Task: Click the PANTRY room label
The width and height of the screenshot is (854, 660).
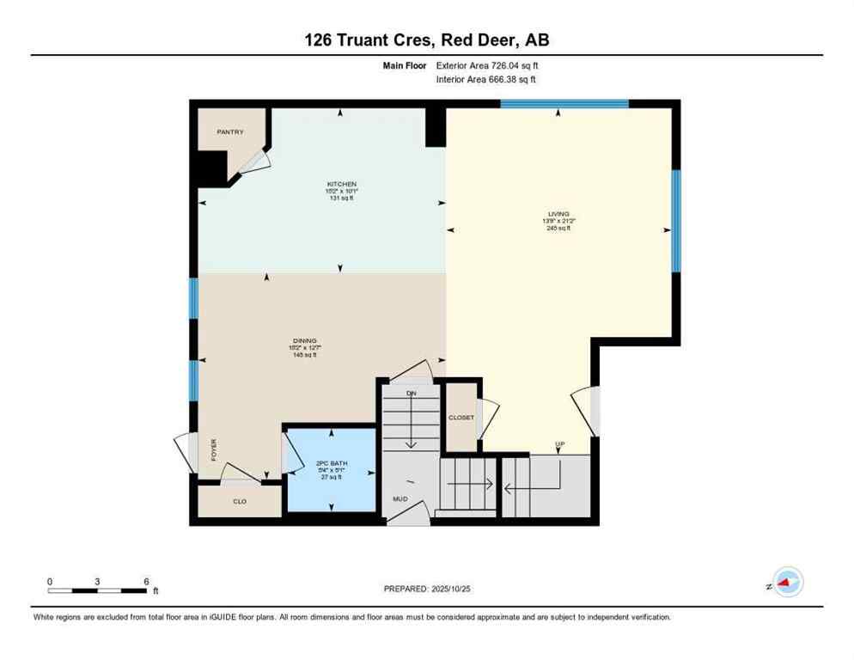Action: [x=229, y=131]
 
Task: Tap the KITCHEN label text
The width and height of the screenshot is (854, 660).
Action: [x=341, y=184]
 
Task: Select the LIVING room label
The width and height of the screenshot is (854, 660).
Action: [x=559, y=214]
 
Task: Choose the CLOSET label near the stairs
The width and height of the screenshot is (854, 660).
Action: [x=461, y=418]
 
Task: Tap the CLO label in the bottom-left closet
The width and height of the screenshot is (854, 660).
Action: [x=240, y=501]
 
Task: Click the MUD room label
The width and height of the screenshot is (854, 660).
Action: [x=400, y=498]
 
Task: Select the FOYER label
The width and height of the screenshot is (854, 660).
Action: [x=213, y=449]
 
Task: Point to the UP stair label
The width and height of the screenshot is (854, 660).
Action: [x=560, y=444]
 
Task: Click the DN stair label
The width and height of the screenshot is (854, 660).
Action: [x=411, y=393]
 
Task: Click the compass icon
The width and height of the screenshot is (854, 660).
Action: [x=787, y=583]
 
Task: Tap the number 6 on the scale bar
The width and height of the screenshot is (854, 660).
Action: [x=147, y=581]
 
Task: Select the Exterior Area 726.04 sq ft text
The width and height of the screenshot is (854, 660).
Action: [x=487, y=64]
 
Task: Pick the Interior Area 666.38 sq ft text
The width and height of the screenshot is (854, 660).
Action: [x=487, y=79]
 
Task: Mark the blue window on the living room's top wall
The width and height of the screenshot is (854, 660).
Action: [x=564, y=104]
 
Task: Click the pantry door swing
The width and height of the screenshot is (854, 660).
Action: [x=255, y=162]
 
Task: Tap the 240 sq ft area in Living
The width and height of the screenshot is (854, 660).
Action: [x=559, y=228]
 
